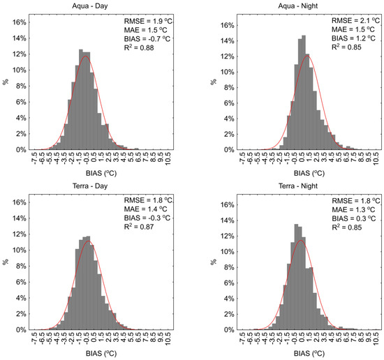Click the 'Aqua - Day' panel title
click(x=101, y=6)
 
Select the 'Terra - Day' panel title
click(x=101, y=186)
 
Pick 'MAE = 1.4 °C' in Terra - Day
click(x=141, y=210)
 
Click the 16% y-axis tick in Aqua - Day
click(x=19, y=22)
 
